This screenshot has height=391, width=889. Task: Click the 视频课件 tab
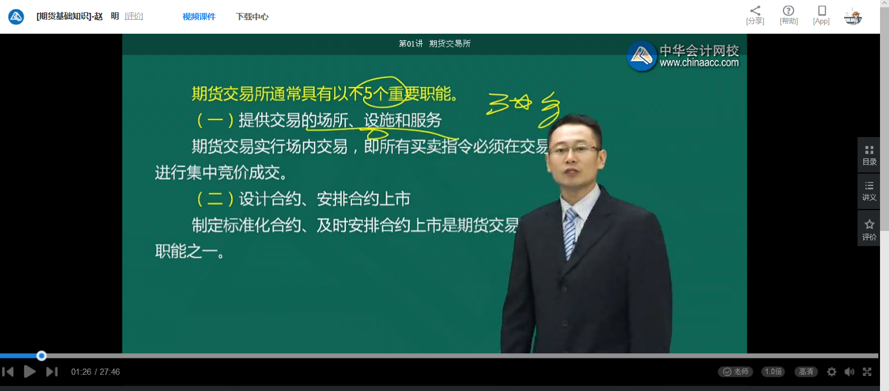point(199,17)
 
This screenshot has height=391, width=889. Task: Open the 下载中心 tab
point(252,17)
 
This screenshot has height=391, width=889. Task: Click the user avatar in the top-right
point(853,17)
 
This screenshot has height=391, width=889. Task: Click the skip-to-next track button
point(52,372)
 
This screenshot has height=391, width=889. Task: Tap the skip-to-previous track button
point(8,372)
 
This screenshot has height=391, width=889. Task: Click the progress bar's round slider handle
point(42,356)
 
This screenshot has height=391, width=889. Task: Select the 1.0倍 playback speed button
point(773,372)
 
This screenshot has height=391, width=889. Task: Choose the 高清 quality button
point(806,372)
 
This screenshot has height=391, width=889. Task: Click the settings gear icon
point(832,372)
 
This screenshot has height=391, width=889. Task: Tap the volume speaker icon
point(849,372)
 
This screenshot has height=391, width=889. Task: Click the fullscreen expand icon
point(867,372)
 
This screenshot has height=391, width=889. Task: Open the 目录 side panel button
point(869,154)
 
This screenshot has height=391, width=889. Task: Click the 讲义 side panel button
point(869,191)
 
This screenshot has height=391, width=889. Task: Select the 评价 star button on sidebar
point(869,229)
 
